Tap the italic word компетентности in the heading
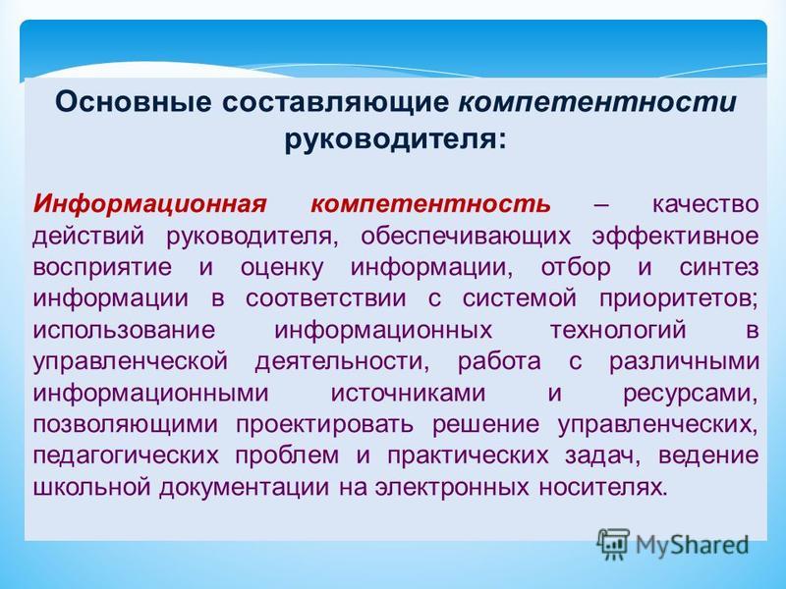point(597,102)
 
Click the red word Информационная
point(149,205)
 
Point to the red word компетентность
point(430,205)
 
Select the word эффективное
point(675,236)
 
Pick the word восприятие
point(102,268)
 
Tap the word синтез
point(719,267)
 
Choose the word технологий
point(619,331)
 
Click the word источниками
point(408,394)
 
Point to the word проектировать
point(324,425)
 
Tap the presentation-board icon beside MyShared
point(613,544)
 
